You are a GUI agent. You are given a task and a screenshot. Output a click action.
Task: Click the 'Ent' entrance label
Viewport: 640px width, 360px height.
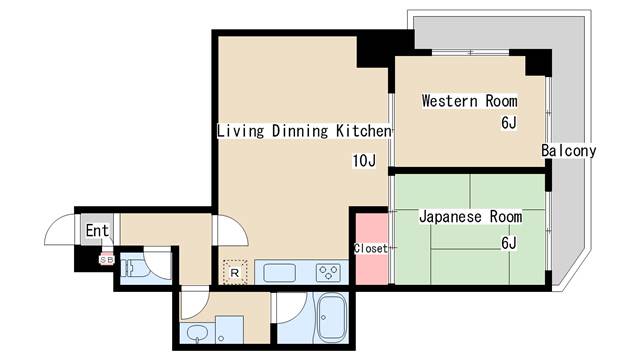tap(96, 232)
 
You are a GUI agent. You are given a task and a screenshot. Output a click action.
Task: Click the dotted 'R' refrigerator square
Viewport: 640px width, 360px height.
tap(234, 271)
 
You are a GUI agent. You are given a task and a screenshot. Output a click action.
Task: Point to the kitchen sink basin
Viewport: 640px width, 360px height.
tap(278, 271)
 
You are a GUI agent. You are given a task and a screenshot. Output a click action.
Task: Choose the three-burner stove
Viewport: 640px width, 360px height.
tap(328, 271)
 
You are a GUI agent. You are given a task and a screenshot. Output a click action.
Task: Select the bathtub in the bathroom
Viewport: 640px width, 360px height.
tap(329, 321)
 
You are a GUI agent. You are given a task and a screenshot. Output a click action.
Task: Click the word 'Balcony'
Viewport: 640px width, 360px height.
tap(569, 151)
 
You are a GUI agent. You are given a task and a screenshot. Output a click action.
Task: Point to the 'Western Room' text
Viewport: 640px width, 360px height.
tap(469, 101)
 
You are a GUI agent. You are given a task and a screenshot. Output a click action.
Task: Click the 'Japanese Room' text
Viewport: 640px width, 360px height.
tap(470, 216)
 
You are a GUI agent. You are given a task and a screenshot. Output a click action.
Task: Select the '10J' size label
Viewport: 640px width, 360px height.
tap(363, 161)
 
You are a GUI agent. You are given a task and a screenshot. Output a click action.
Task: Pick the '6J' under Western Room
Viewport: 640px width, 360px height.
tap(509, 124)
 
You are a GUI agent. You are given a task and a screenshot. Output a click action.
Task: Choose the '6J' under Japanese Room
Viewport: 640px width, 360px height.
tap(509, 242)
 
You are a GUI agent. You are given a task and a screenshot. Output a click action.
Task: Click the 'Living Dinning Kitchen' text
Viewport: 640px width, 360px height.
tap(304, 131)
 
